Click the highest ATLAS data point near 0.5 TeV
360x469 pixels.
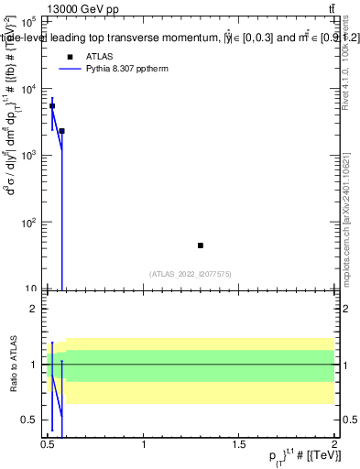tap(52, 106)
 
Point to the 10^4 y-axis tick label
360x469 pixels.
tap(29, 89)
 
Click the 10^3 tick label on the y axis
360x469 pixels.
tap(29, 156)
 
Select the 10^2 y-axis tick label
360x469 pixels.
tap(29, 223)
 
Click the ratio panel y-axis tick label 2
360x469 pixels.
tap(35, 309)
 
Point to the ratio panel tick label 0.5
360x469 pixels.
tap(30, 420)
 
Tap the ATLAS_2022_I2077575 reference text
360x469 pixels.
tap(191, 273)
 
